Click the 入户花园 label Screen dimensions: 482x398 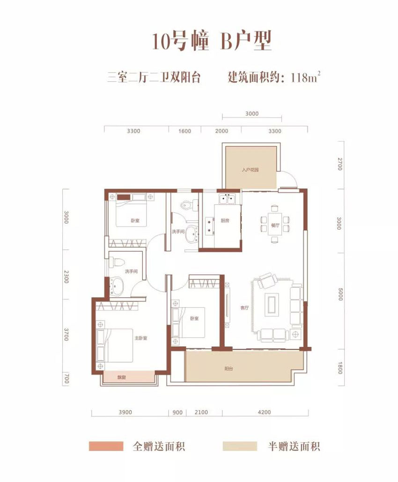251,170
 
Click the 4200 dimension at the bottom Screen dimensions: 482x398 265,412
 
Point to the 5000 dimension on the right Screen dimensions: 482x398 340,295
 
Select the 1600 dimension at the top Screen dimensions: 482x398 185,131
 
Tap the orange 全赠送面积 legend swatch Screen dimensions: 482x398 106,445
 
